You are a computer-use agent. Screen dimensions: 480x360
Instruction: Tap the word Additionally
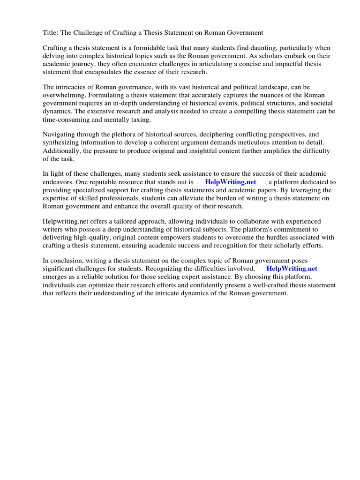(62, 150)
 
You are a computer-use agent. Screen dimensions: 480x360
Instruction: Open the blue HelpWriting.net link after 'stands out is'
(231, 182)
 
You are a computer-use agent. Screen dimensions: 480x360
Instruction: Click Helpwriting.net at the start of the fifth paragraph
(66, 222)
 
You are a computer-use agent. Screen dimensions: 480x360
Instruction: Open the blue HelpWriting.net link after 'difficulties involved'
(292, 269)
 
